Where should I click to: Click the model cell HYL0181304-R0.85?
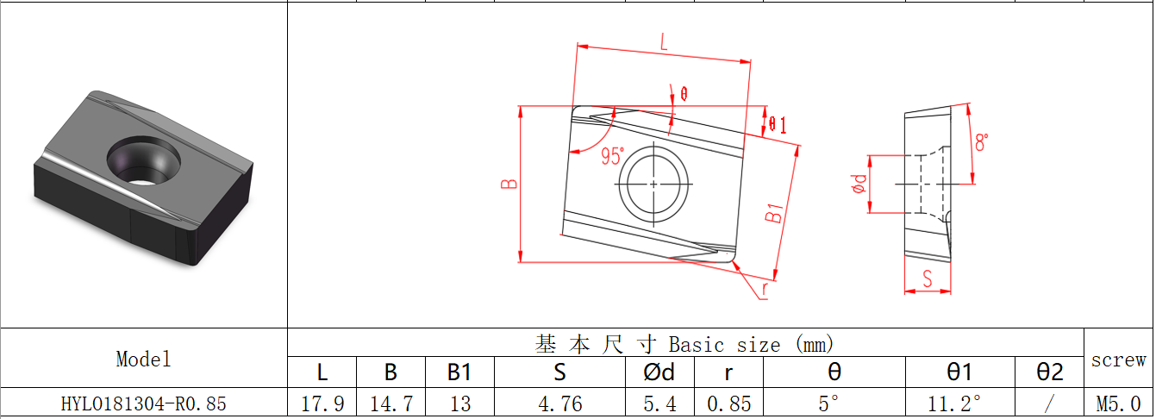(x=143, y=403)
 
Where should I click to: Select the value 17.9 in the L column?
(x=322, y=403)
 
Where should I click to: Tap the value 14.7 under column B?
(x=391, y=403)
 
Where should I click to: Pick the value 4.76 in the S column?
(x=559, y=403)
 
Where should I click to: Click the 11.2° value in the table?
(x=959, y=403)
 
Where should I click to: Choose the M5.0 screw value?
(x=1118, y=403)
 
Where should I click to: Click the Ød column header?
(x=659, y=372)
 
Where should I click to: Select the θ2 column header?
(x=1048, y=372)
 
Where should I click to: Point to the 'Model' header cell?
(x=143, y=359)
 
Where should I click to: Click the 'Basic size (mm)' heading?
(x=684, y=344)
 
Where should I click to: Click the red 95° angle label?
(x=612, y=156)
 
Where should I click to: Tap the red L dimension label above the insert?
(x=663, y=41)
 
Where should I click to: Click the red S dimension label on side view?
(x=927, y=278)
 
